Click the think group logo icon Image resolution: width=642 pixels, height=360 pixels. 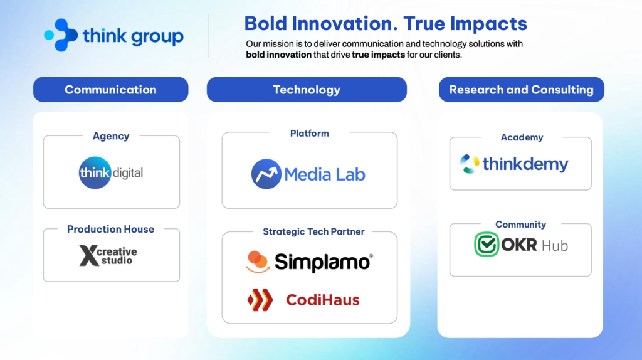pos(61,35)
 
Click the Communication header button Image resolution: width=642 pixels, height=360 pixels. pos(110,89)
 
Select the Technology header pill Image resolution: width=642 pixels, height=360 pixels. pos(307,89)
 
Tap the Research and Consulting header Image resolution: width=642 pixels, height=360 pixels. pos(521,89)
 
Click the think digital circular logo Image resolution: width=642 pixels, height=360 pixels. pos(95,173)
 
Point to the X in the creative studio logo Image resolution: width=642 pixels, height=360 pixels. pos(88,255)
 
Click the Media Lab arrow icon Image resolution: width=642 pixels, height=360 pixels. pos(266,174)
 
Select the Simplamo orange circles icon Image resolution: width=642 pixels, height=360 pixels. pos(258,262)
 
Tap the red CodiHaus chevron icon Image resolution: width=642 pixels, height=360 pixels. pos(260,300)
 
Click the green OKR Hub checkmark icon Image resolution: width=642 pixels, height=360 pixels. pos(487,245)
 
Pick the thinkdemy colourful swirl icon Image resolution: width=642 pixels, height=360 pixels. pos(469,164)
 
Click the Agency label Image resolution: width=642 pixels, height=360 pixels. pos(111,136)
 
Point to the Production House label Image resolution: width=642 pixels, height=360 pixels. pos(110,229)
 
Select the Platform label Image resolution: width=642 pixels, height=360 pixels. pos(310,134)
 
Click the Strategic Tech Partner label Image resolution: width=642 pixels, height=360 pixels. pos(313,232)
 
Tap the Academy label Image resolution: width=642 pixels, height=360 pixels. pos(522,137)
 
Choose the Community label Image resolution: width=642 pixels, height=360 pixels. pos(521,225)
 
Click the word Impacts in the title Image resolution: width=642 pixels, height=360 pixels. pos(488,24)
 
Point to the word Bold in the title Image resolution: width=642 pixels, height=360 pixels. pos(266,23)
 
